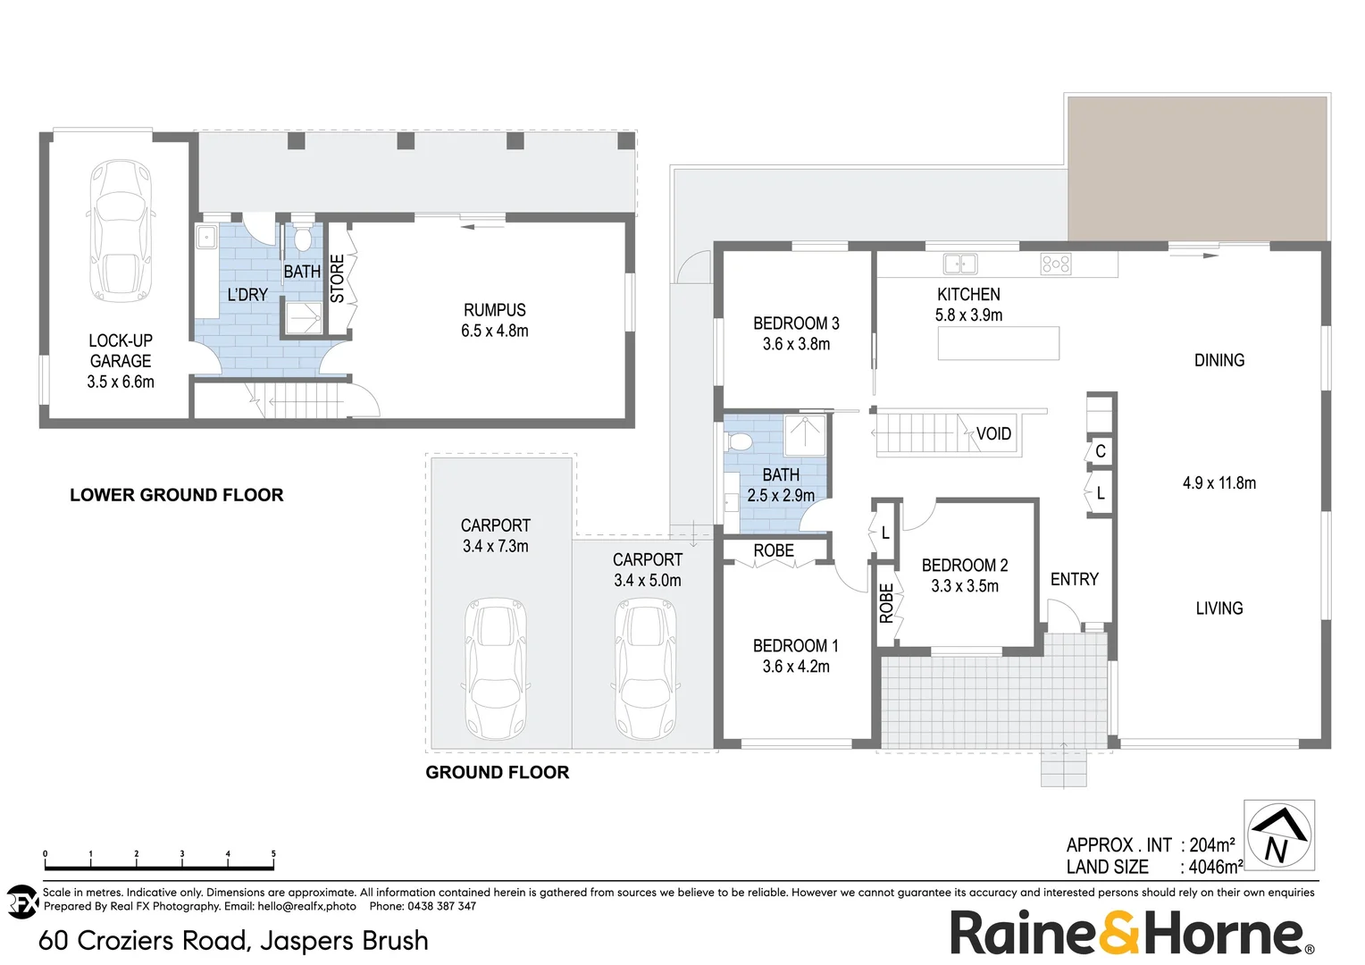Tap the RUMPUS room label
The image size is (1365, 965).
click(494, 310)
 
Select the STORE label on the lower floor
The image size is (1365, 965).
click(338, 278)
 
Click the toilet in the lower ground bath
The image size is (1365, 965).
click(302, 238)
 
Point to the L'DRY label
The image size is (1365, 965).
click(247, 294)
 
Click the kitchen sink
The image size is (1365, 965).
click(960, 264)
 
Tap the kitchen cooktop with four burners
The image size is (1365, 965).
click(1056, 264)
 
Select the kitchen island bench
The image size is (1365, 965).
click(998, 343)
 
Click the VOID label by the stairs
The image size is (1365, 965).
click(993, 433)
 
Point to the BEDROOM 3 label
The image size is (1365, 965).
click(796, 323)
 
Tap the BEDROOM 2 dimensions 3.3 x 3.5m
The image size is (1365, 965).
click(965, 586)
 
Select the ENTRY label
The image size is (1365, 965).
click(1074, 579)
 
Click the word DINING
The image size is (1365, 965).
click(1218, 360)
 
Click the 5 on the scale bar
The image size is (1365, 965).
click(273, 854)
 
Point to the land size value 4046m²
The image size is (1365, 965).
click(1216, 867)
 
